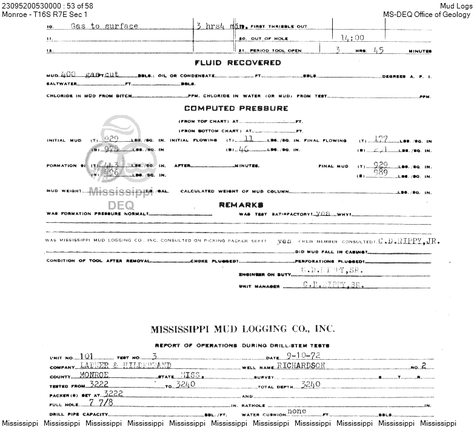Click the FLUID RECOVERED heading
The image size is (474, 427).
(x=238, y=63)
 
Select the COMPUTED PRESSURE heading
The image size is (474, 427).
(x=236, y=108)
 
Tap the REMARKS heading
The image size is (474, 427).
(x=241, y=205)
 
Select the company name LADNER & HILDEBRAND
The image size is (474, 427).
(x=126, y=366)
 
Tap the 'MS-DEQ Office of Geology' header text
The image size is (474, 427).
(x=428, y=15)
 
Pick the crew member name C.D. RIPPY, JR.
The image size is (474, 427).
(x=409, y=240)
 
